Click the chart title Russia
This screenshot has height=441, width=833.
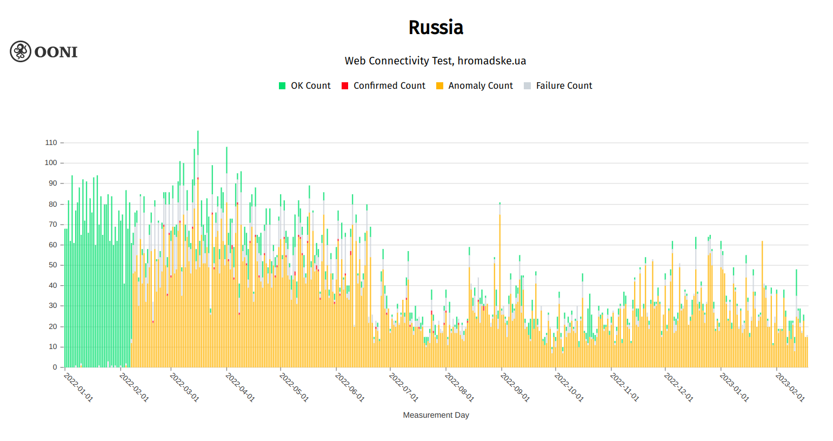tap(436, 28)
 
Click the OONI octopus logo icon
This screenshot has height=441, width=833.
tap(21, 51)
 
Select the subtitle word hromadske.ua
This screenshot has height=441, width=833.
tap(491, 61)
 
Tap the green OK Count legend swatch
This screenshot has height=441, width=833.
tap(282, 85)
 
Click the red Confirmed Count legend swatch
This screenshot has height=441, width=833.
tap(345, 85)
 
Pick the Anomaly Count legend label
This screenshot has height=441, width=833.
tap(480, 85)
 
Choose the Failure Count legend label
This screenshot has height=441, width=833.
tap(564, 85)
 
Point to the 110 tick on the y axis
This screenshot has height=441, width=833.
tap(51, 143)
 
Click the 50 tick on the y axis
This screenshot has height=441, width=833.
tap(53, 265)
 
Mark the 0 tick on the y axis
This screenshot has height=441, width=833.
tap(55, 367)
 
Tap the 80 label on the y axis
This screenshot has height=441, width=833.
tap(53, 204)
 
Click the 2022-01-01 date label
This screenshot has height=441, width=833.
tap(78, 387)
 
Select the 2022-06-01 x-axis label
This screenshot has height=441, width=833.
tap(350, 387)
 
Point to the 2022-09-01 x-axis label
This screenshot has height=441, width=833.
tap(515, 387)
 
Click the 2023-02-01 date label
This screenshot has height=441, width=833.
tap(790, 387)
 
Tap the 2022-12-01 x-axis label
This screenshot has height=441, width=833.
tap(679, 387)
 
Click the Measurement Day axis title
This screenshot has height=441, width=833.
tap(436, 415)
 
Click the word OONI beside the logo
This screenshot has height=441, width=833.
tap(56, 52)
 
